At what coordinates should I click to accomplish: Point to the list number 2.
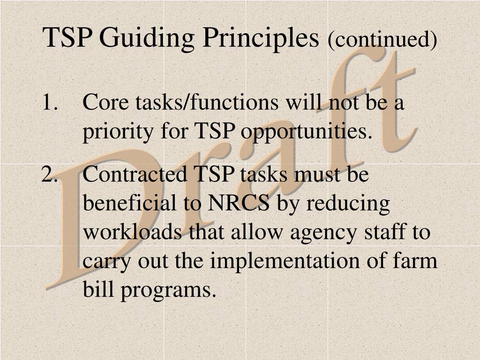(49, 175)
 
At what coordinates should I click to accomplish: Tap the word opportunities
(306, 133)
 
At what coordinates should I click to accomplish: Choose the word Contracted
(135, 175)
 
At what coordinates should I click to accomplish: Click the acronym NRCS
(239, 204)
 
